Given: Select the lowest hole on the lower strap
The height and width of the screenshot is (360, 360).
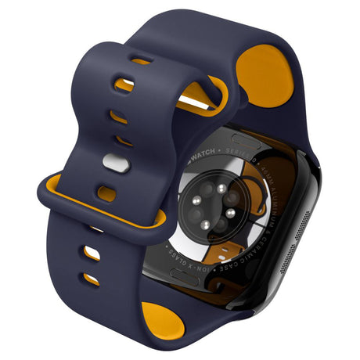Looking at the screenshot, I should pyautogui.click(x=92, y=279).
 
